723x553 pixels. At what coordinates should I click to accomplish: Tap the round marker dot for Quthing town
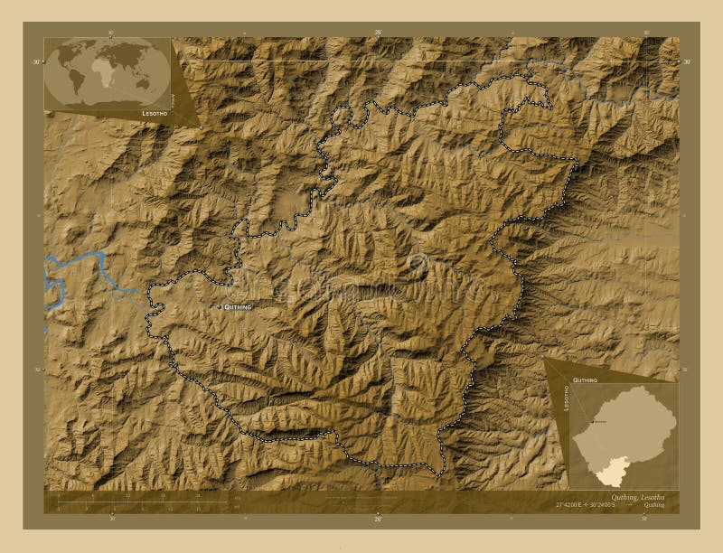220,308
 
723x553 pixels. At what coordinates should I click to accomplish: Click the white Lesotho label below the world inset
154,115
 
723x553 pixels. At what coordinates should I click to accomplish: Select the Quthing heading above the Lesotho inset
585,380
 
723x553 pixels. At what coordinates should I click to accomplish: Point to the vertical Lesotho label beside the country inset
567,398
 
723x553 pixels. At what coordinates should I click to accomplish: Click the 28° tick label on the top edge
378,33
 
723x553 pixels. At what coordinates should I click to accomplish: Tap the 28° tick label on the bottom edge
378,520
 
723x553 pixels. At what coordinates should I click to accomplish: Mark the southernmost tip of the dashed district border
440,475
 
